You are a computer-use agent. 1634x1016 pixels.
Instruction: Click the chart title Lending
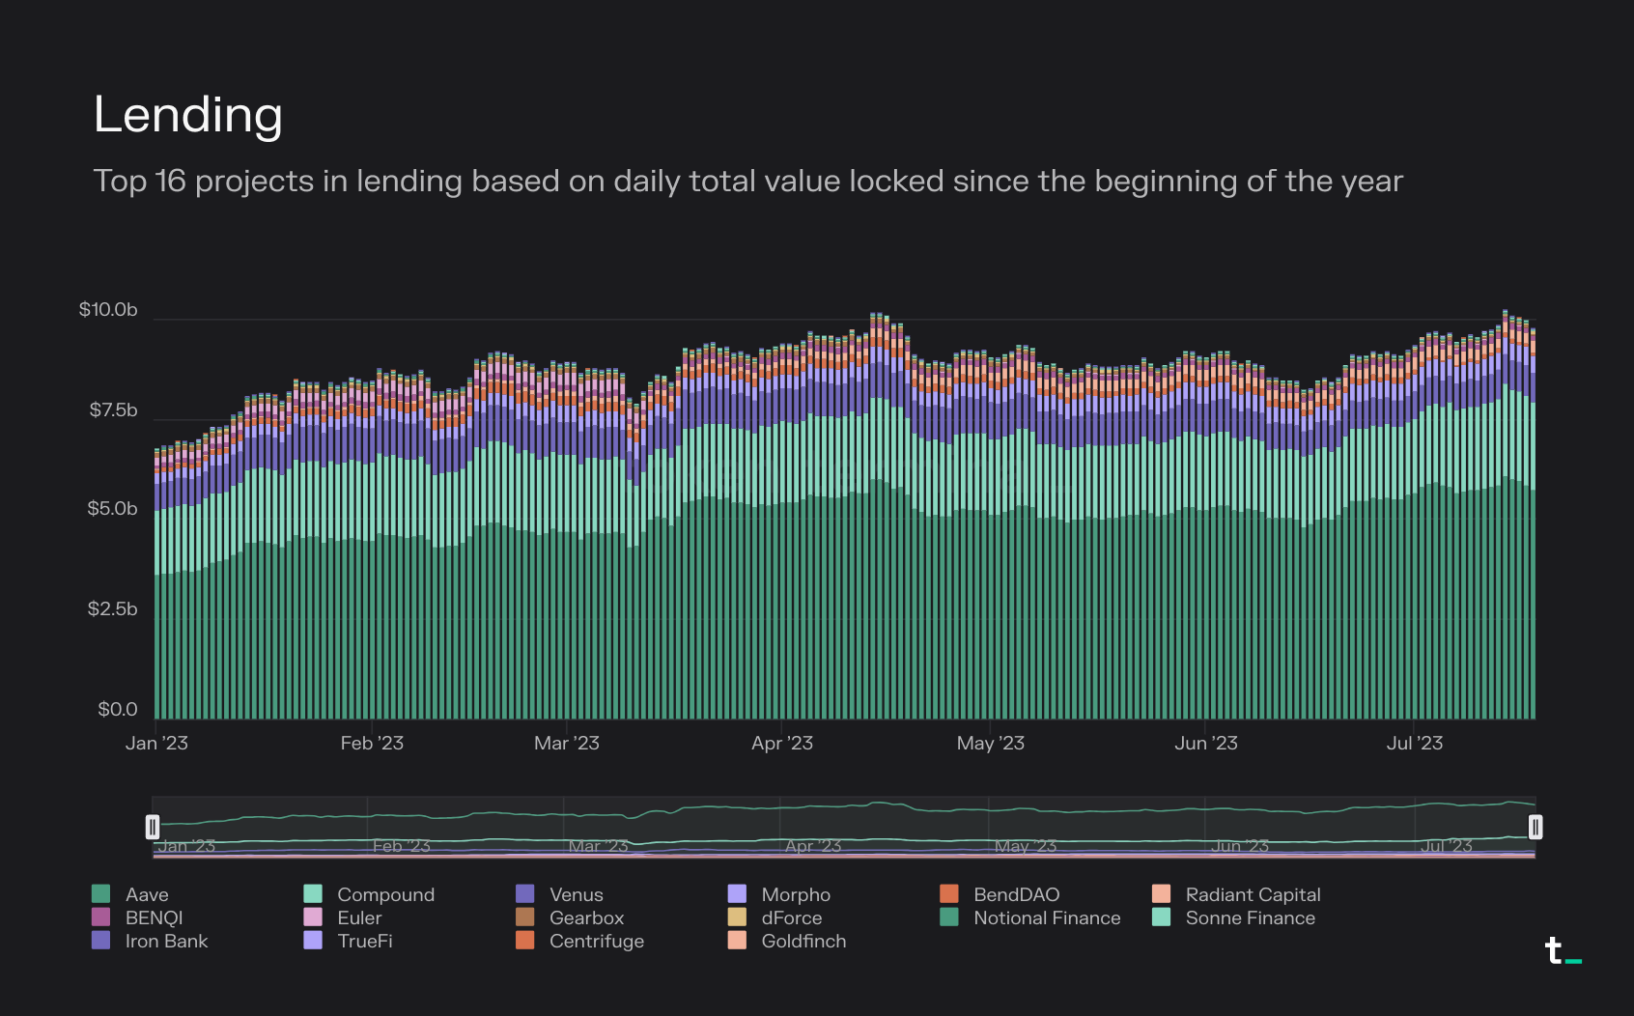click(x=187, y=115)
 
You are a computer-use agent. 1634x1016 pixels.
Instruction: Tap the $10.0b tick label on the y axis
click(x=108, y=310)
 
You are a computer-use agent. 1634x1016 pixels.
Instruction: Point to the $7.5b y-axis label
click(x=113, y=410)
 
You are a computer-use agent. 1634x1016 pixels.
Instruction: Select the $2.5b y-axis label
click(x=112, y=609)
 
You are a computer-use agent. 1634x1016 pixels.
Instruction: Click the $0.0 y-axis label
click(x=118, y=710)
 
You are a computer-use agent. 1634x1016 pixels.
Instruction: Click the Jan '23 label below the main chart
click(x=156, y=744)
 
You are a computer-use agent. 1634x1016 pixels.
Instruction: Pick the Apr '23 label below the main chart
click(x=782, y=744)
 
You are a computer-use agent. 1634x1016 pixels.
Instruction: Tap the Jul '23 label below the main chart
click(x=1415, y=744)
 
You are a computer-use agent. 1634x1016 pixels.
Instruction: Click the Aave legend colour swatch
click(x=100, y=894)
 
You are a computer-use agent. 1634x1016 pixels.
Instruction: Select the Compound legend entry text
click(x=385, y=895)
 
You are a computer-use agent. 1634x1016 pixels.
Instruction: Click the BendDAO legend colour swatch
click(x=949, y=894)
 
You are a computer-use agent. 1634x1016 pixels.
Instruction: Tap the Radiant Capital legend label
click(x=1253, y=895)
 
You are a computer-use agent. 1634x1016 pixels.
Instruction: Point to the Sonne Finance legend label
click(x=1250, y=918)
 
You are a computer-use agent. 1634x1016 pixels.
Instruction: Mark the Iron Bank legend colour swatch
click(x=100, y=941)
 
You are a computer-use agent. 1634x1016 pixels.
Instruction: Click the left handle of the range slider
click(x=153, y=827)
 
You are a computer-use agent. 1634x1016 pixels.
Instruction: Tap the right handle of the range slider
click(x=1535, y=827)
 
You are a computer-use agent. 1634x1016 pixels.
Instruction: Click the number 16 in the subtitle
click(x=170, y=182)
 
